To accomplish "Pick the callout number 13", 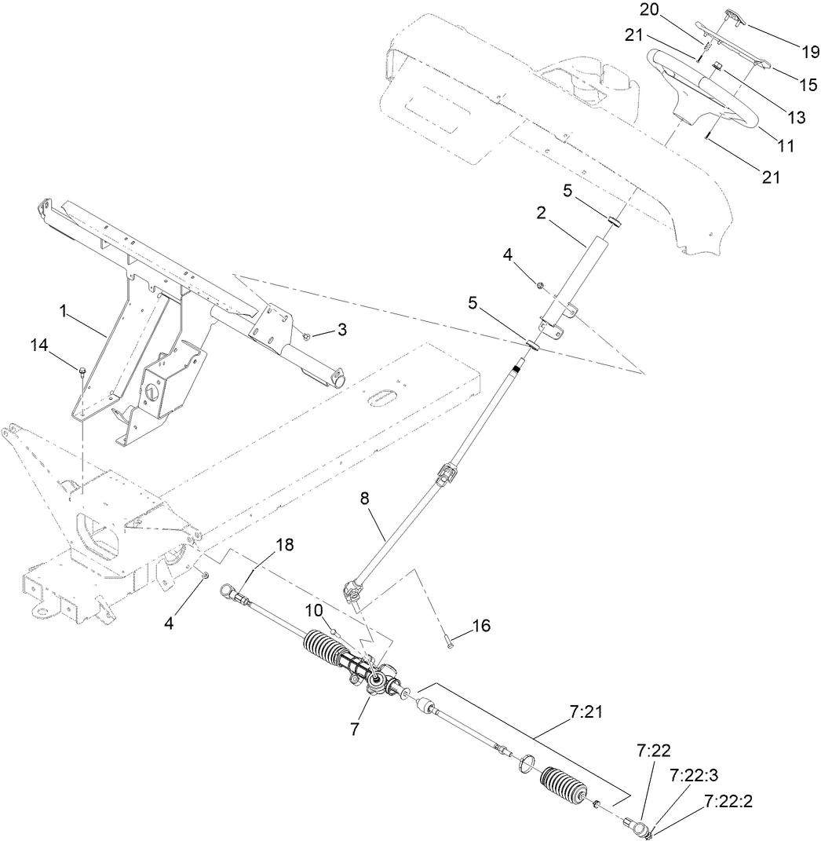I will pyautogui.click(x=797, y=118).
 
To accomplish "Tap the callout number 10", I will pyautogui.click(x=312, y=610).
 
